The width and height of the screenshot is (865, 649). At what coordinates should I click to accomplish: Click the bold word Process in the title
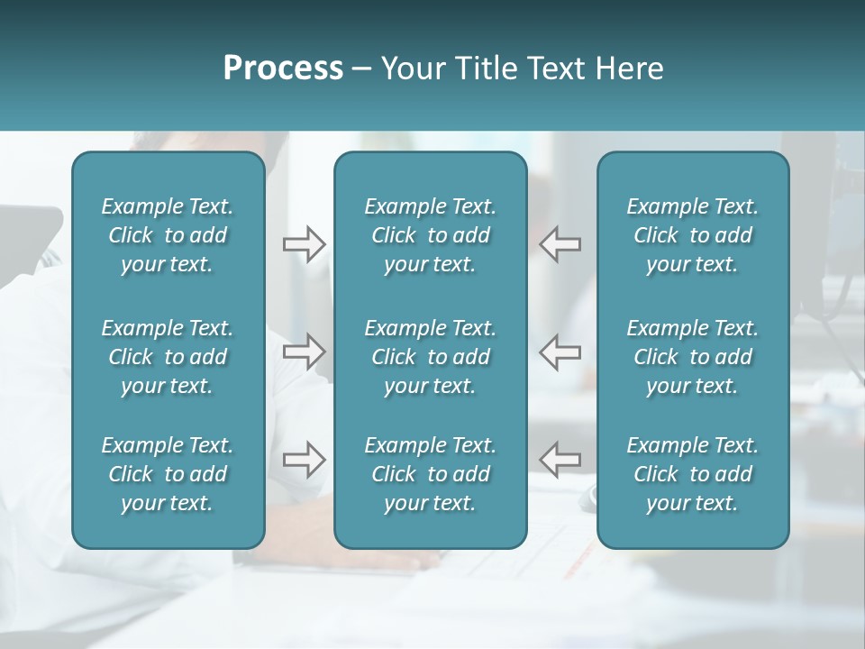283,69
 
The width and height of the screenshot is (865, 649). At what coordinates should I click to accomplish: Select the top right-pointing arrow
304,243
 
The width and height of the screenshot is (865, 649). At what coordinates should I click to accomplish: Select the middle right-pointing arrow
304,352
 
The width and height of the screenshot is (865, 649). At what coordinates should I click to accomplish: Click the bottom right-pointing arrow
304,460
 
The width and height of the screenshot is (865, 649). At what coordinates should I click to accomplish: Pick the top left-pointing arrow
560,243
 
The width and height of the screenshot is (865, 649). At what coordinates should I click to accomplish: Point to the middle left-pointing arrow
560,352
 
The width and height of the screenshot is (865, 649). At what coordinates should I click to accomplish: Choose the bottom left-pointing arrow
560,460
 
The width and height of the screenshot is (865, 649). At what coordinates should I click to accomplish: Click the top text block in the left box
168,235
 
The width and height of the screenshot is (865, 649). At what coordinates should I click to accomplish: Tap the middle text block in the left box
168,357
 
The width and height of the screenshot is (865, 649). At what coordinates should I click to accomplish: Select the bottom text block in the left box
168,474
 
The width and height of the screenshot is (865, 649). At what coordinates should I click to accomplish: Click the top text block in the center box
431,235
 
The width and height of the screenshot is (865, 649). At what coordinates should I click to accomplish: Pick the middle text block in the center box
431,357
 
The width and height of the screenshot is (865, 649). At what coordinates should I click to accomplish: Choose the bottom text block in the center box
431,474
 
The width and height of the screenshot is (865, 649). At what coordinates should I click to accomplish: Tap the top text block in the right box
693,235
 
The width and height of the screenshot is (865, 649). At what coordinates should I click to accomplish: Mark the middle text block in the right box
693,357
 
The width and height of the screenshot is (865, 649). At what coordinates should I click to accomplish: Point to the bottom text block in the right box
693,474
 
